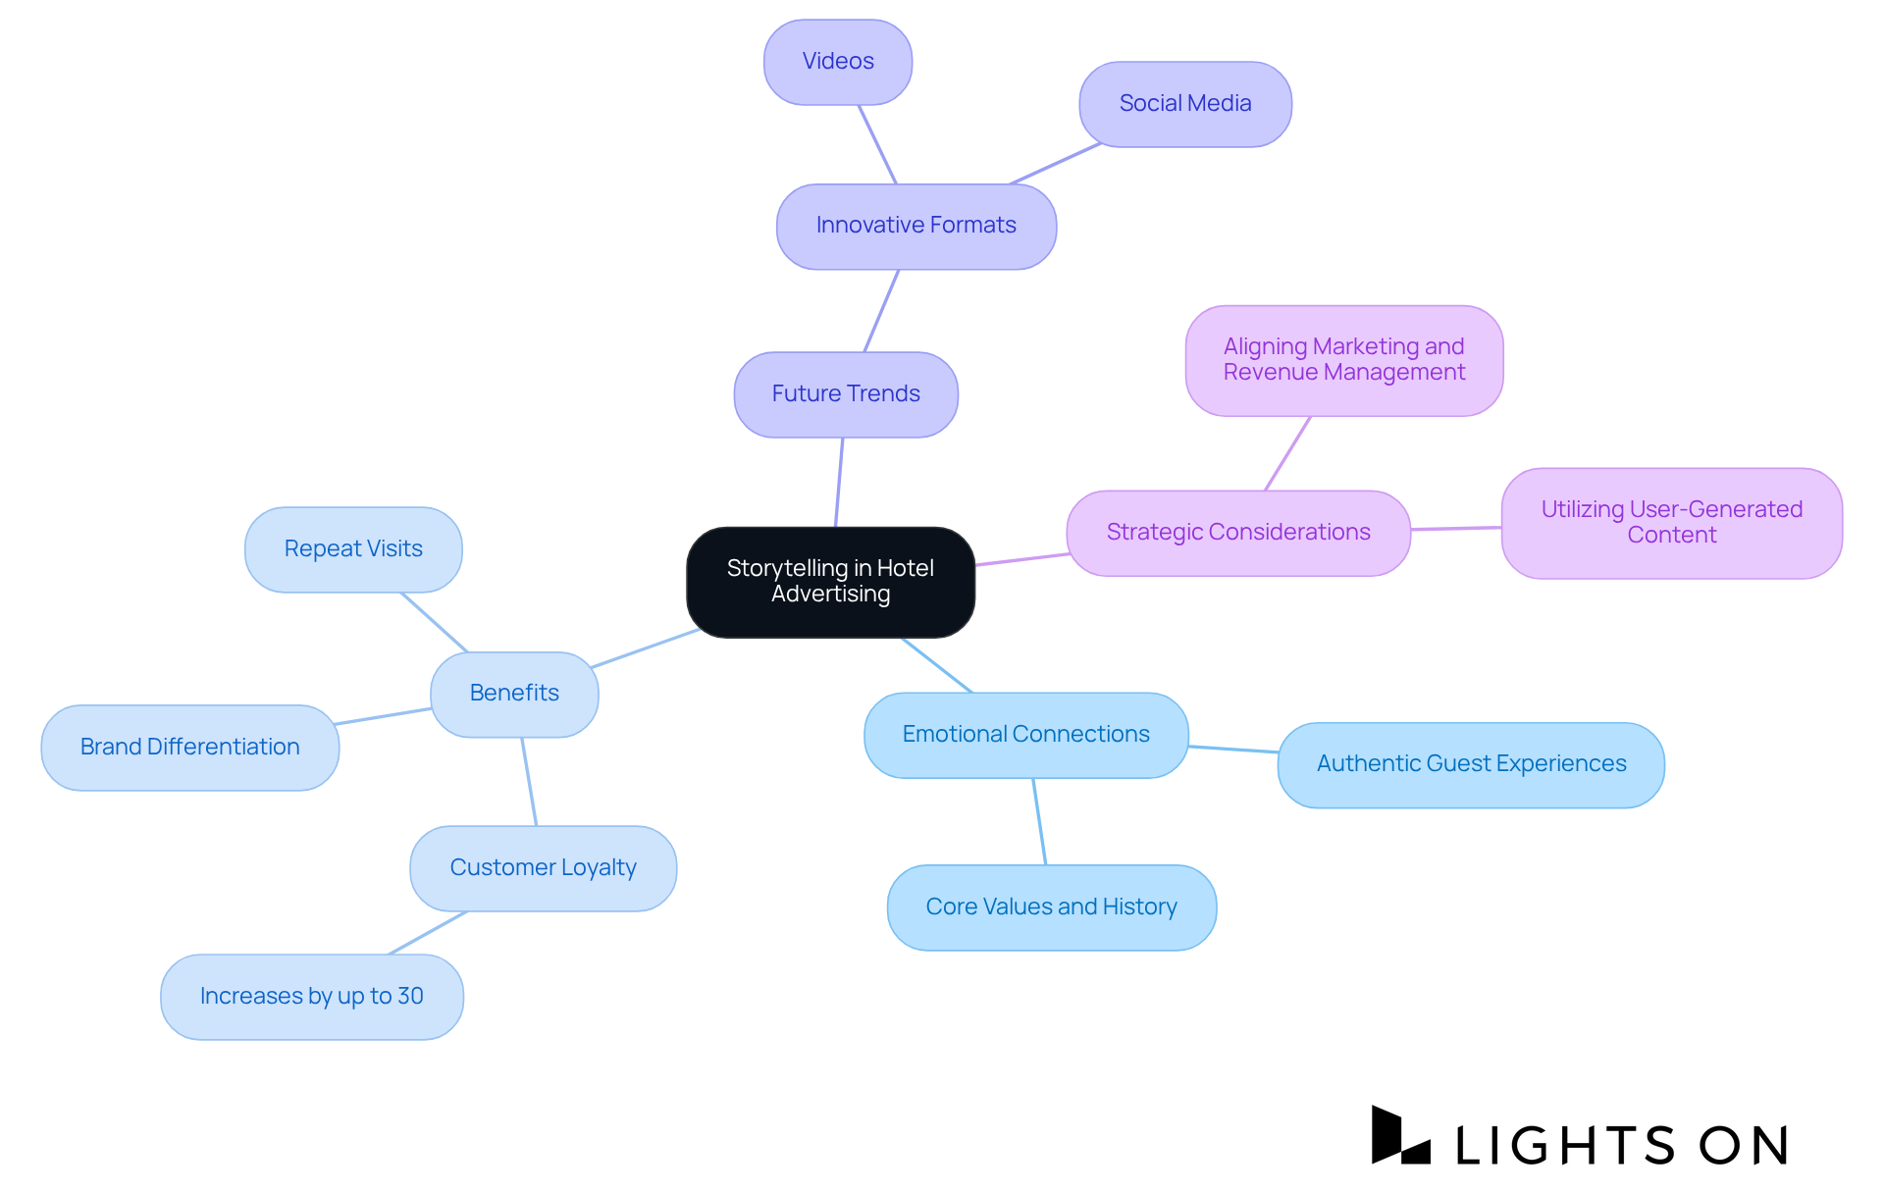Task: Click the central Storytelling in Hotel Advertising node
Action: pos(830,582)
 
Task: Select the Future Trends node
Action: pos(846,394)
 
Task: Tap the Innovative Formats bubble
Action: pos(916,226)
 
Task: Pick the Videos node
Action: pos(838,62)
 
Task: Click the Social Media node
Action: pos(1184,104)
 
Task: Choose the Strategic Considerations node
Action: pos(1238,533)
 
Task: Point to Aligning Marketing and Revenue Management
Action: pos(1343,360)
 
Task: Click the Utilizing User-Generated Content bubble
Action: pos(1671,523)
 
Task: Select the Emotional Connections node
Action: pos(1025,735)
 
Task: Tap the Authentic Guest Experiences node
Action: pos(1470,764)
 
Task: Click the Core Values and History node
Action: pos(1051,907)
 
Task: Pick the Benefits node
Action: pos(514,694)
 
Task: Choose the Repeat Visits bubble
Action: pos(353,549)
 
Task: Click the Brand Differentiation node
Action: pos(189,748)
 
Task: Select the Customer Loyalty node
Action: pos(543,868)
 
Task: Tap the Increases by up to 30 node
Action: pos(311,997)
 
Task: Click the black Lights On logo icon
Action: pos(1398,1136)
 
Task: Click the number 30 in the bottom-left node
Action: pos(410,996)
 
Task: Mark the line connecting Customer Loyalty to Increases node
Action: pos(428,933)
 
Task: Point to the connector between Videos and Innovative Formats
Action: pos(877,144)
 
